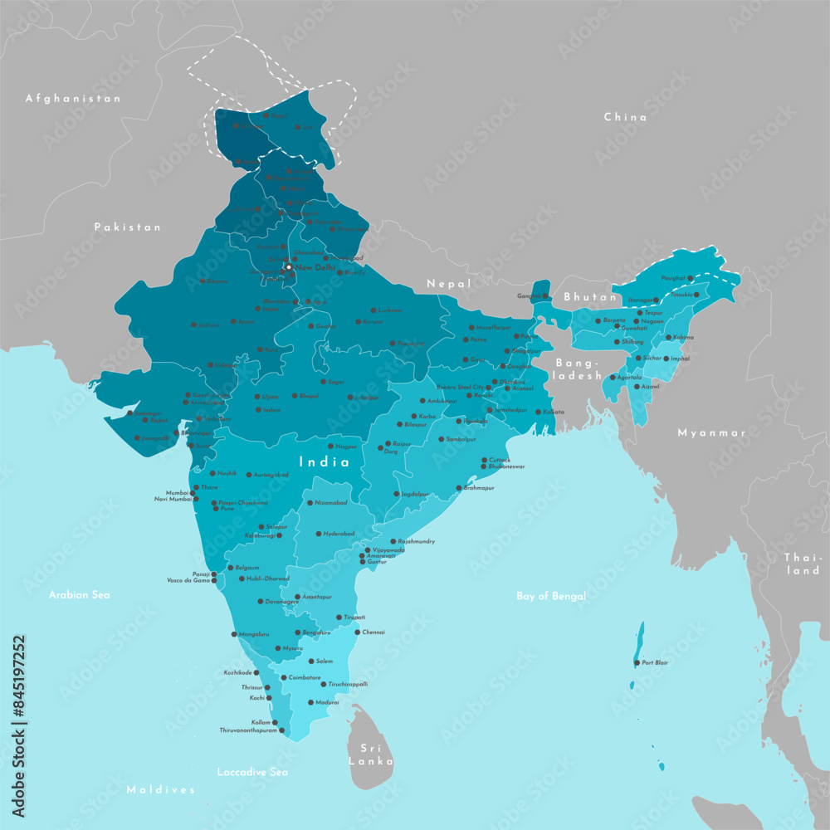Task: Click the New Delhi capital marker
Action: (288, 267)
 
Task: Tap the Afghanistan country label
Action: (73, 98)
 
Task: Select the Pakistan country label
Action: (127, 227)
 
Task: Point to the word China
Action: (625, 117)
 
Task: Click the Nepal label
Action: (449, 284)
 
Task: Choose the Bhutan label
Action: (590, 296)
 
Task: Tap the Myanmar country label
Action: (711, 432)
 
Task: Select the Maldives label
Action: (161, 789)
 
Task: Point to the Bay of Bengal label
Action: (551, 596)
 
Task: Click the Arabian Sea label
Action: (79, 594)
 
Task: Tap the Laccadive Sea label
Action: (252, 772)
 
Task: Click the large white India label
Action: (325, 461)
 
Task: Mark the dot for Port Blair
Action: (637, 662)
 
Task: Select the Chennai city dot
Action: (357, 632)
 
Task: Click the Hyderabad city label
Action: (339, 534)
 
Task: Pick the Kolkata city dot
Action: (538, 412)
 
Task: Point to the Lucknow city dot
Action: (373, 310)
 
